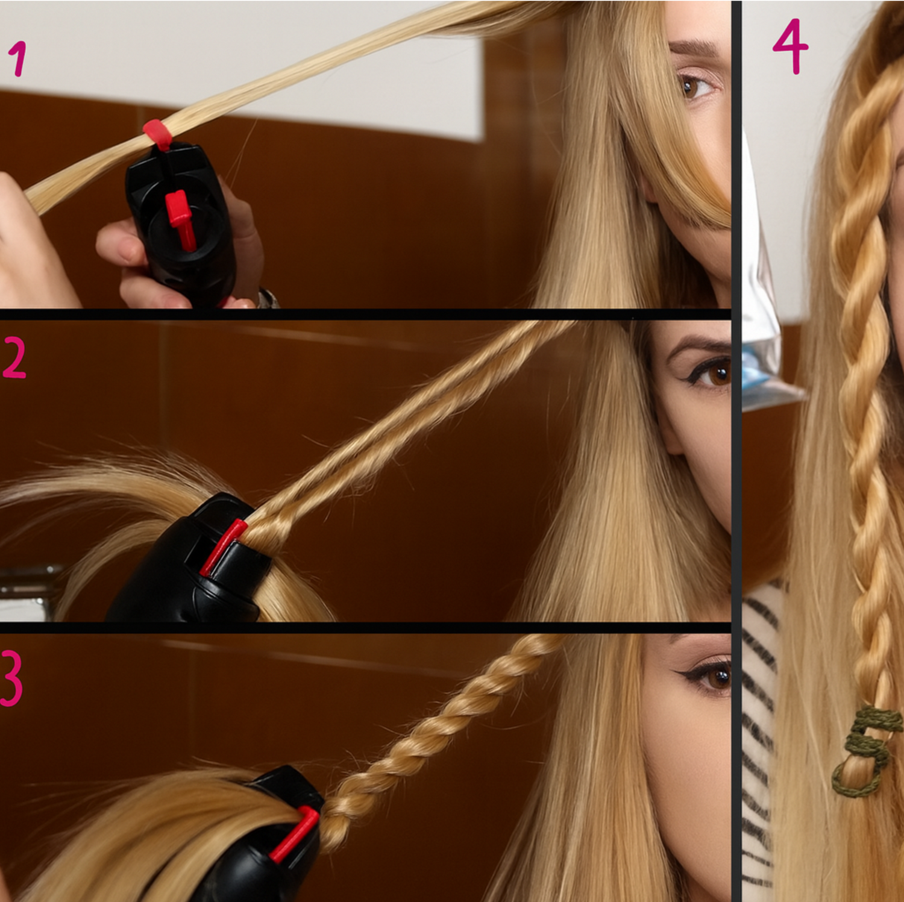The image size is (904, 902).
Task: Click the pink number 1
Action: [18, 58]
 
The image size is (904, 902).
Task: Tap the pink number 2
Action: [14, 357]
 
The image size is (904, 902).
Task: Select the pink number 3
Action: [12, 678]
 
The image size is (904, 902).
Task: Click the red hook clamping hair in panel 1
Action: [158, 134]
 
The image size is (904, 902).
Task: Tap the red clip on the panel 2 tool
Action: [223, 547]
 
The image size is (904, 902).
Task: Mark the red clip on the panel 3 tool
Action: [295, 835]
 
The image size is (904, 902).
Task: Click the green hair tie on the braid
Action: [866, 750]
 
